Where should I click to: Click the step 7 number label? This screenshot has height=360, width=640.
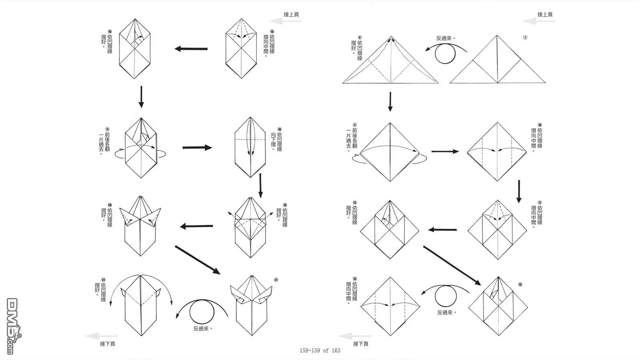point(525,38)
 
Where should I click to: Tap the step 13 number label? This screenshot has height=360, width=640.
point(520,284)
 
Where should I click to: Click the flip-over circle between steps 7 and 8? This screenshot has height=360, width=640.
point(445,54)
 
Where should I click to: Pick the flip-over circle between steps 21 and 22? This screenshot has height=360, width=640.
point(202,312)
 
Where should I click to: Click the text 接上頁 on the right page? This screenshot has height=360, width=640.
point(545,14)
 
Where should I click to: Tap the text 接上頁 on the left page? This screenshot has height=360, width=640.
point(291,14)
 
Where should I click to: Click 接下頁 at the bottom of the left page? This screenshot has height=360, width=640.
point(108,344)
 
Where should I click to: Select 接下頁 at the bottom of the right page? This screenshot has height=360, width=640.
point(361,344)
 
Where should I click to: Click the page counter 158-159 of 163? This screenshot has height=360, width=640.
point(320,351)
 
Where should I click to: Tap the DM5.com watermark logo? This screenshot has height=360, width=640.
point(14,326)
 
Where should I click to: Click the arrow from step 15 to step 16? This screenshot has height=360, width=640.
point(191,49)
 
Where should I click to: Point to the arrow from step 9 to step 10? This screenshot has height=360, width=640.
point(445,152)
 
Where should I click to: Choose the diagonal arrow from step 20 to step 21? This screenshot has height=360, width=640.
point(198,260)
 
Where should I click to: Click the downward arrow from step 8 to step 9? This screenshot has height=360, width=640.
point(390,102)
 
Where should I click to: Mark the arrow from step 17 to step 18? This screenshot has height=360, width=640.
point(197,148)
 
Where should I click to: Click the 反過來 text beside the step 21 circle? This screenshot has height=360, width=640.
point(202,328)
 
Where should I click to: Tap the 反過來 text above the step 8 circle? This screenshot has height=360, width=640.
point(446,39)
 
